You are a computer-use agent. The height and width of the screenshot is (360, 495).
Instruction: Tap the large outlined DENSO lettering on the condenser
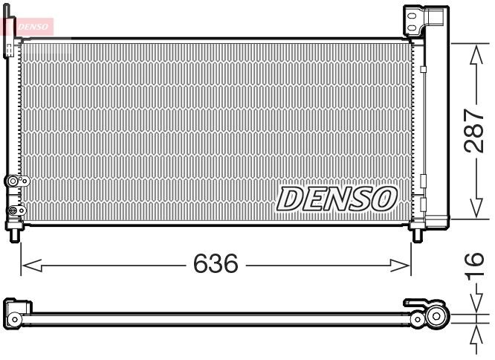tap(337, 198)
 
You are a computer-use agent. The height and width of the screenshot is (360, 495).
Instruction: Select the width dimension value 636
tap(216, 263)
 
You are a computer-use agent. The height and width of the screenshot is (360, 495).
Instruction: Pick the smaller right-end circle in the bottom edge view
tap(419, 321)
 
